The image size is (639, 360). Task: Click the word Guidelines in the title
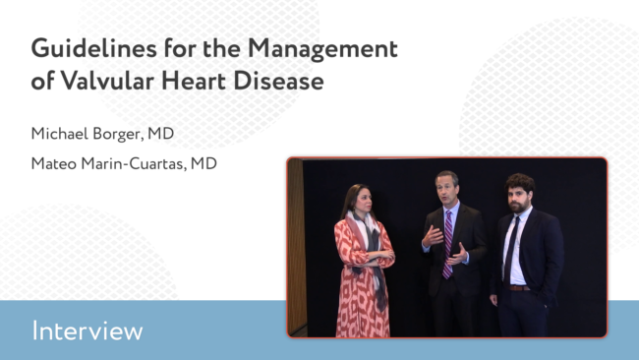93,49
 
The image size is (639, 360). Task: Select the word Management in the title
322,49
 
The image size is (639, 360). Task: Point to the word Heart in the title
194,81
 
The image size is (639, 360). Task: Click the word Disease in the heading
278,81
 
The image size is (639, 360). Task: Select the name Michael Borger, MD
102,134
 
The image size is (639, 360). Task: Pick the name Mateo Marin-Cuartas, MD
124,163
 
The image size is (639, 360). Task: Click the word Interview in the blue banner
87,330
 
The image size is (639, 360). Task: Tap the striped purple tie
447,245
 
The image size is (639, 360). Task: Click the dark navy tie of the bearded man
510,250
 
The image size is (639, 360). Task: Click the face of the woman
365,201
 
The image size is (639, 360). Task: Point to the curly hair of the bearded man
520,183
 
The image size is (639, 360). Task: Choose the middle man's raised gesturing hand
432,236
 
